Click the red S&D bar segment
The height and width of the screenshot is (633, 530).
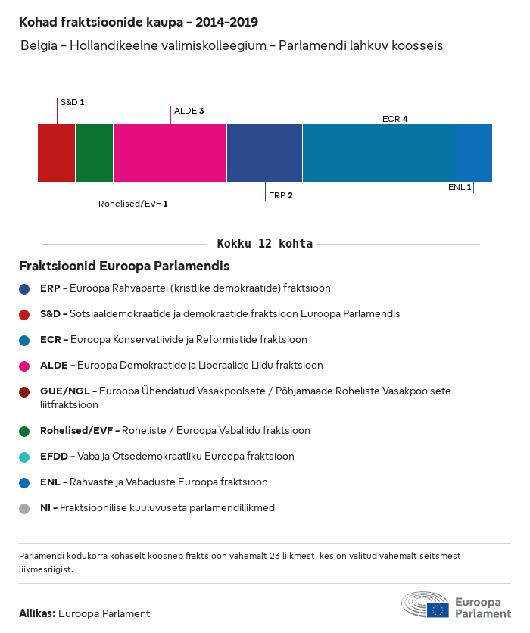[56, 153]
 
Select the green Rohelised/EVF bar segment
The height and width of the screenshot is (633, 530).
[94, 153]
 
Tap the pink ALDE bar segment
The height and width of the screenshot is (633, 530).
[170, 153]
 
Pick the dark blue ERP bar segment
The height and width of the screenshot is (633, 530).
[264, 153]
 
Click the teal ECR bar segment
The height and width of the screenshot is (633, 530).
[378, 153]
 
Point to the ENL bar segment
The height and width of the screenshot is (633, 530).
[473, 153]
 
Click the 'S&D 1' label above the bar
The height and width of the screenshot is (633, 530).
[72, 101]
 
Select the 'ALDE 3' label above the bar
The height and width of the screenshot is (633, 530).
[189, 111]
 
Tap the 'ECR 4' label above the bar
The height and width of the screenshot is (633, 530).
[395, 119]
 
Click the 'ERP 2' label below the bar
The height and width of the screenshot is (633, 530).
[280, 195]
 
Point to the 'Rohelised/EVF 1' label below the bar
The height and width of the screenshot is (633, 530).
[132, 204]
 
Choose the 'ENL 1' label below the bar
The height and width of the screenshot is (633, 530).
[459, 187]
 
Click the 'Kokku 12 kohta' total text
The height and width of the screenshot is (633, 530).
[264, 244]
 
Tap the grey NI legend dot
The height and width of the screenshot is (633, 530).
[24, 509]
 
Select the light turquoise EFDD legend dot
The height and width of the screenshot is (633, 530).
[24, 457]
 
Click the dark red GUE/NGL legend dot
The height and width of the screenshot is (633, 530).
[24, 391]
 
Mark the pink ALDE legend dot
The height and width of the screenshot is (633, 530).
[24, 366]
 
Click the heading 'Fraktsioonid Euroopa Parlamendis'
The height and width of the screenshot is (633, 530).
[124, 267]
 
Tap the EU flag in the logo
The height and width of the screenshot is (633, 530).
[438, 609]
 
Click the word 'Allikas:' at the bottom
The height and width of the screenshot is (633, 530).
[37, 613]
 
